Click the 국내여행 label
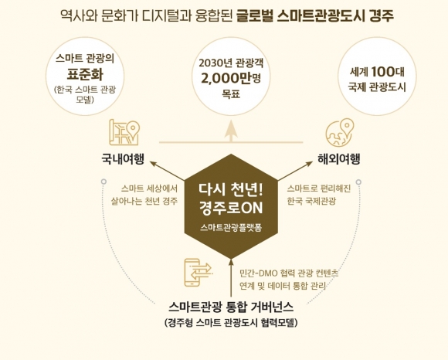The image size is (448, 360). coord(123,159)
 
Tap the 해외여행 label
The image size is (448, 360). coord(339,159)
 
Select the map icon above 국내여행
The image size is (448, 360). coord(124,133)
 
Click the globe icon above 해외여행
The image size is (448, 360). coord(340,133)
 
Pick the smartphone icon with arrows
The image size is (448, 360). coord(198,273)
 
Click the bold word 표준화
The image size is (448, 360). coord(85,75)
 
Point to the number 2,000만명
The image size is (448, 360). coord(231,78)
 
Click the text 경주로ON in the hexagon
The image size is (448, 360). coord(231,208)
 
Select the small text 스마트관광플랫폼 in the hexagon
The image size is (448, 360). coord(231,228)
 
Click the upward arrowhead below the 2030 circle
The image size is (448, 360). coord(231,131)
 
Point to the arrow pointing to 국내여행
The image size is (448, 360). coord(168,171)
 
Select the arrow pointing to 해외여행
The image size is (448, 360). coord(295,171)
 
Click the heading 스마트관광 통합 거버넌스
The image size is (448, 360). coord(231,307)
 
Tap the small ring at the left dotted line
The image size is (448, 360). coord(104,182)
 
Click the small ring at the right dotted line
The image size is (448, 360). coord(358,182)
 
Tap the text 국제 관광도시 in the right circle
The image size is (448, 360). coord(377,87)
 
